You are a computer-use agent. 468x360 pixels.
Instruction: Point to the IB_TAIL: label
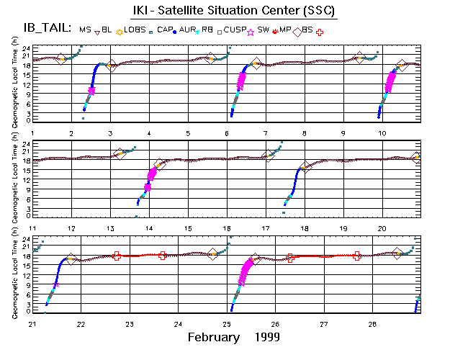click(x=40, y=29)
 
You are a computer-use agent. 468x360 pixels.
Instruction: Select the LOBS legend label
click(x=133, y=29)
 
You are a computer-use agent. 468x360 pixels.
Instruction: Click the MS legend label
click(x=86, y=29)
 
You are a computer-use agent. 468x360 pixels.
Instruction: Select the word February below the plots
click(x=213, y=337)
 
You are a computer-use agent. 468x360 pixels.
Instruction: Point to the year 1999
click(x=266, y=337)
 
